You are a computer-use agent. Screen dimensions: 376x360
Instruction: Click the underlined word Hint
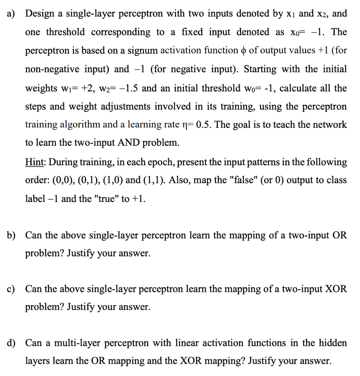pyautogui.click(x=35, y=162)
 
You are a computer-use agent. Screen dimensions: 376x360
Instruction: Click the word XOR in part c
pyautogui.click(x=334, y=289)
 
